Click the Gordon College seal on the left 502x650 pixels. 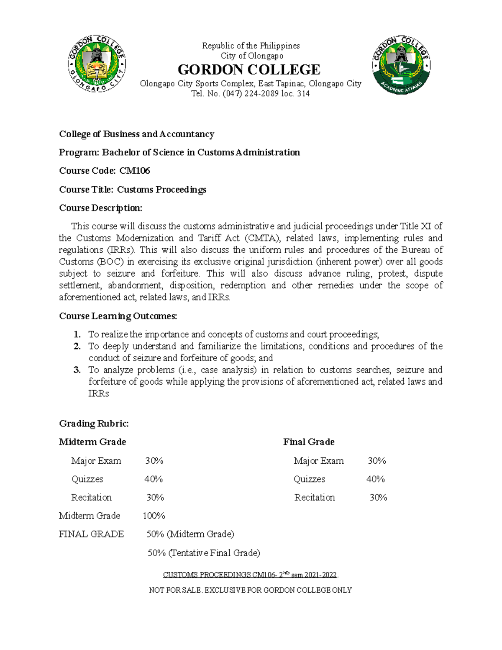97,64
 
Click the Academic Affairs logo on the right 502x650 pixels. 401,65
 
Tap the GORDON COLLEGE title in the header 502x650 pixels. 249,69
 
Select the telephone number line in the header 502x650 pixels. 250,94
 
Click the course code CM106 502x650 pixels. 135,171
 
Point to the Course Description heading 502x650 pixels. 100,208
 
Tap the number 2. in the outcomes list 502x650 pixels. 77,346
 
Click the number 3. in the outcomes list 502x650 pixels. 77,370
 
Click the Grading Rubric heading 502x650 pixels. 94,424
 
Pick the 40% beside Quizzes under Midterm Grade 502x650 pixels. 154,479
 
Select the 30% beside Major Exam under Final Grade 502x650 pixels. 376,461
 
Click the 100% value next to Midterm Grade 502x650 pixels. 154,516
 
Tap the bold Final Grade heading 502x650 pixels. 309,442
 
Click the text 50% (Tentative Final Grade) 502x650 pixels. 204,553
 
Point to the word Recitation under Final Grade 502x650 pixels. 315,497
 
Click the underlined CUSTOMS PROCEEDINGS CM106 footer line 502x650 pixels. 250,575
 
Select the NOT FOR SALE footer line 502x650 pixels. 250,590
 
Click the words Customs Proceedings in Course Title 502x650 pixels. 161,190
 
